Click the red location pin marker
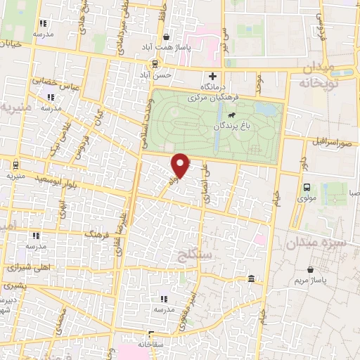click(x=181, y=165)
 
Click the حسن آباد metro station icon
click(x=145, y=61)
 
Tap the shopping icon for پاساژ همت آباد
click(x=166, y=37)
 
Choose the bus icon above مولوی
click(x=307, y=187)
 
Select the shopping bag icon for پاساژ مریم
click(x=311, y=269)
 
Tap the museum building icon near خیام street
click(x=251, y=280)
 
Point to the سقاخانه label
click(x=150, y=344)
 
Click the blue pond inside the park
click(x=266, y=110)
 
